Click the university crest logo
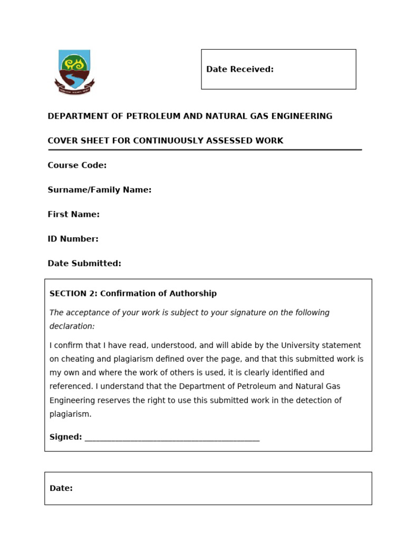tap(74, 72)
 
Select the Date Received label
tap(239, 69)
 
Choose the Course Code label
tap(77, 165)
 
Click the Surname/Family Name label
tap(99, 190)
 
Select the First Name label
tap(73, 214)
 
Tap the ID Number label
tap(73, 239)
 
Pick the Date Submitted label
tap(84, 263)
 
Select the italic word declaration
tap(72, 326)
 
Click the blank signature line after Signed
tap(171, 438)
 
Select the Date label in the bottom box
tap(61, 488)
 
